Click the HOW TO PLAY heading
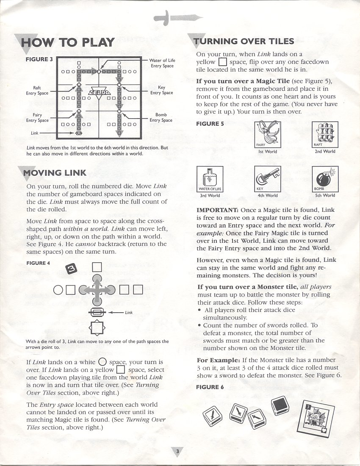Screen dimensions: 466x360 point(68,42)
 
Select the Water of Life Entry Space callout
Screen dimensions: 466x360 point(162,63)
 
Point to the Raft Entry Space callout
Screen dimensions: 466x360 point(37,90)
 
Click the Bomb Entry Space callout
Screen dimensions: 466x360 point(161,117)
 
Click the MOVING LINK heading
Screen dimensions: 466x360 point(55,172)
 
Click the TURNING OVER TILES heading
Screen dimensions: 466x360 point(244,41)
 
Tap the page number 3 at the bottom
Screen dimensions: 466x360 point(178,452)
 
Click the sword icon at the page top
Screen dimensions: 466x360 point(178,18)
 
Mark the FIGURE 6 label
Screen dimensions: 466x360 point(210,387)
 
